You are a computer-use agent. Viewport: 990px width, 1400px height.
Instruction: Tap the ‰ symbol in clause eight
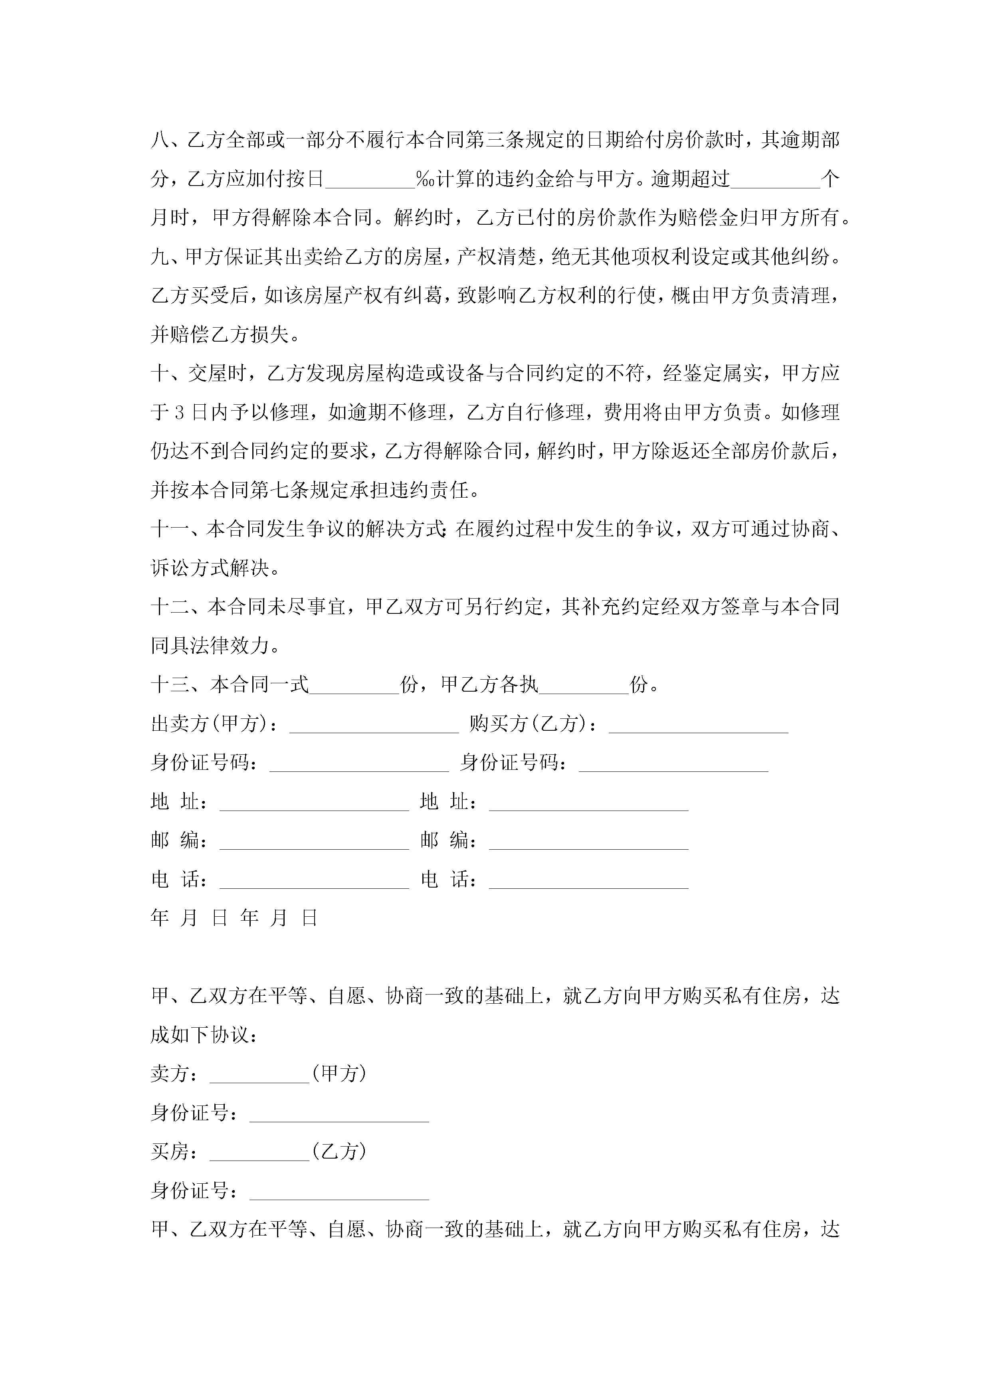tap(425, 179)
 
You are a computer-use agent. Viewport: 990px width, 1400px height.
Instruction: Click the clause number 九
tap(160, 257)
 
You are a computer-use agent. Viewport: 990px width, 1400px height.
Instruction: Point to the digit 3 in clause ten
tap(179, 413)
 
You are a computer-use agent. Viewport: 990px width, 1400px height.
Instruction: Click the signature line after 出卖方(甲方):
tap(374, 727)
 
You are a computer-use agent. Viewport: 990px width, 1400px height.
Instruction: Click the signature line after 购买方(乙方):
tap(699, 727)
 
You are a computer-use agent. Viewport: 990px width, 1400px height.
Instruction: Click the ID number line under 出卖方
tap(359, 766)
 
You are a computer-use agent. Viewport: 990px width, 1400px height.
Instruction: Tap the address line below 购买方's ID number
tap(589, 805)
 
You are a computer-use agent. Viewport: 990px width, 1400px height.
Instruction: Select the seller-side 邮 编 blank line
tap(314, 844)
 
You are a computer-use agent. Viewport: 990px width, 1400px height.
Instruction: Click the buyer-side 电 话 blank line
tap(589, 883)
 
